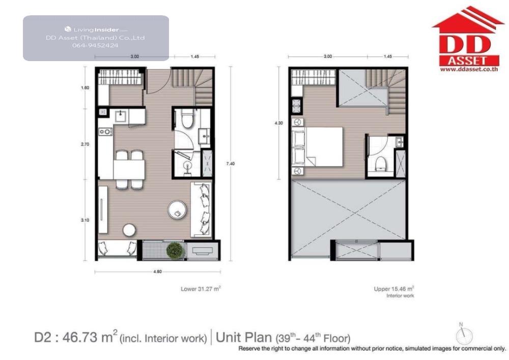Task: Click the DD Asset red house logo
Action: tap(468, 39)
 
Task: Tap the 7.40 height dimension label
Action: tap(230, 163)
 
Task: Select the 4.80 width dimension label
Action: tap(157, 272)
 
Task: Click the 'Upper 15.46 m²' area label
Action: tap(394, 289)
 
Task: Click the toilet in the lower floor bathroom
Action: tap(187, 119)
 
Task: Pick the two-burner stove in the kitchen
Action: tap(105, 131)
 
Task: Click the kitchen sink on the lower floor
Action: tap(122, 116)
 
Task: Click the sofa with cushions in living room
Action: tap(201, 209)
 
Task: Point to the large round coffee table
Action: tap(177, 210)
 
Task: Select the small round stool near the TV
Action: tap(129, 230)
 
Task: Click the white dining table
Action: tap(129, 169)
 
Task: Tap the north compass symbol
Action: tap(464, 335)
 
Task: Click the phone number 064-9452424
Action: tap(95, 45)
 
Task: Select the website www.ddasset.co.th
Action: tap(469, 69)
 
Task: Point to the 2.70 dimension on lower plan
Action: tap(84, 144)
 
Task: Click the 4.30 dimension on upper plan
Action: tap(278, 123)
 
